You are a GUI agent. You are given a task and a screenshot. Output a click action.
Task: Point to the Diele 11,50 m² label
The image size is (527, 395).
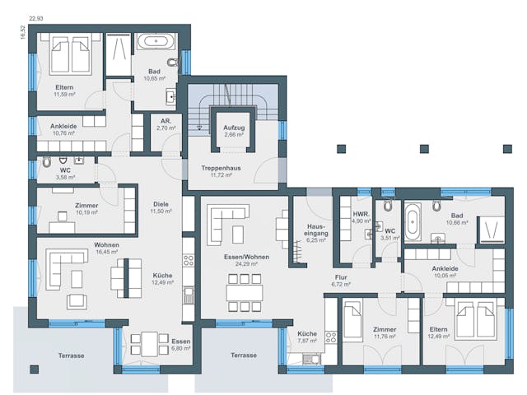pos(161,208)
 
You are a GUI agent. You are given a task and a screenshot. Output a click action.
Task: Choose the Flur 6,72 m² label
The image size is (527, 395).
pos(341,281)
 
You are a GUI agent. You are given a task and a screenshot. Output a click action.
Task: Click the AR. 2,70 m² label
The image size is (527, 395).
pos(166,125)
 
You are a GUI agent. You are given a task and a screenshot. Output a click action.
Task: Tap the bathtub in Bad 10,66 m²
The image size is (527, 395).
pos(413,221)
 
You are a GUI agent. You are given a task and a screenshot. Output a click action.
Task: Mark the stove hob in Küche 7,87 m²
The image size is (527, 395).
pos(331,337)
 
